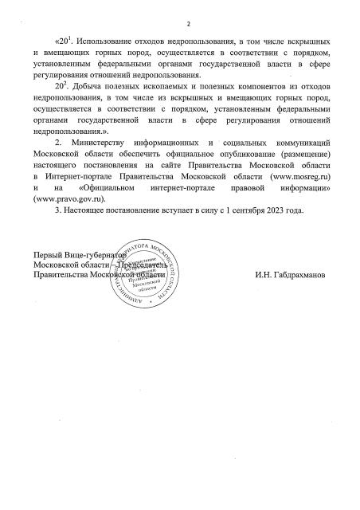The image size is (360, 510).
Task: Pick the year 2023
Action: pos(283,230)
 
